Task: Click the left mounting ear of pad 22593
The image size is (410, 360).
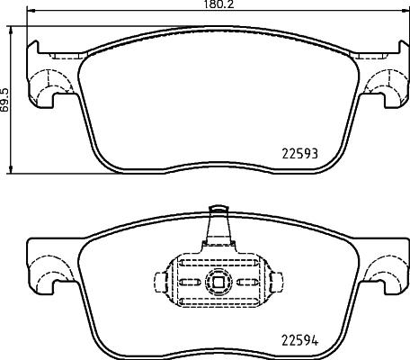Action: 45,85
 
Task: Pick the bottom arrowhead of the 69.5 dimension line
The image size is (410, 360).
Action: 11,171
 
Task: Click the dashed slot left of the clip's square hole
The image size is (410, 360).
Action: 191,280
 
